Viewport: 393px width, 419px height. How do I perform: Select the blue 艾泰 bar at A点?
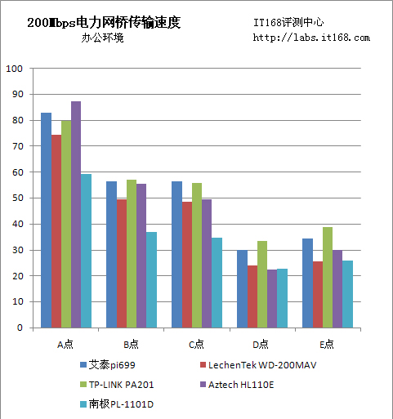46,220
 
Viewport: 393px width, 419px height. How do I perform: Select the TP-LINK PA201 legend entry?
118,384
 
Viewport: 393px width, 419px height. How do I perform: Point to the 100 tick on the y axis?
14,69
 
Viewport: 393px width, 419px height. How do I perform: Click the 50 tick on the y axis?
16,198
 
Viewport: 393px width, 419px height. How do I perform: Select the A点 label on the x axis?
65,344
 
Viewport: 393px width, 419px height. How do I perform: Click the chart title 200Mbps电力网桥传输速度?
104,23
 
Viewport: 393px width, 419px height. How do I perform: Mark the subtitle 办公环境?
102,38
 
